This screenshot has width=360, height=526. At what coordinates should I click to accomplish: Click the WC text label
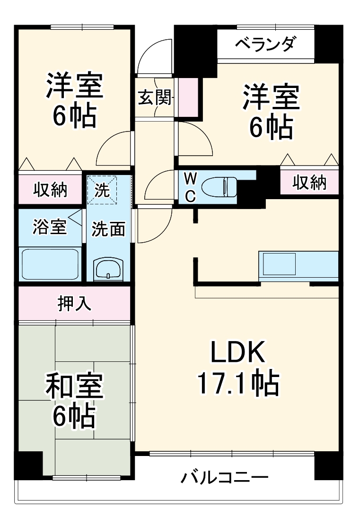click(x=190, y=187)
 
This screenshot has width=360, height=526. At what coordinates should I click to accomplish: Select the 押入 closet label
click(x=74, y=303)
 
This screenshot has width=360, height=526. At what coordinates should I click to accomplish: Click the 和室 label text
click(x=74, y=385)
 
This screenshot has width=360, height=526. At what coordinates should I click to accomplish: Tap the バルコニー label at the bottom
click(x=225, y=477)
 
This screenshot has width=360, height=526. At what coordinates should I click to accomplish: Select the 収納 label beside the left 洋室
click(x=50, y=189)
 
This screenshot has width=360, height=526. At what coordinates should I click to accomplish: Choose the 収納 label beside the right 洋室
click(x=309, y=183)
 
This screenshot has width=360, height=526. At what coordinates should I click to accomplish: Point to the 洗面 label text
click(x=108, y=229)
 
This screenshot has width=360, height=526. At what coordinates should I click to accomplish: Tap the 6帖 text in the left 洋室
click(x=74, y=115)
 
